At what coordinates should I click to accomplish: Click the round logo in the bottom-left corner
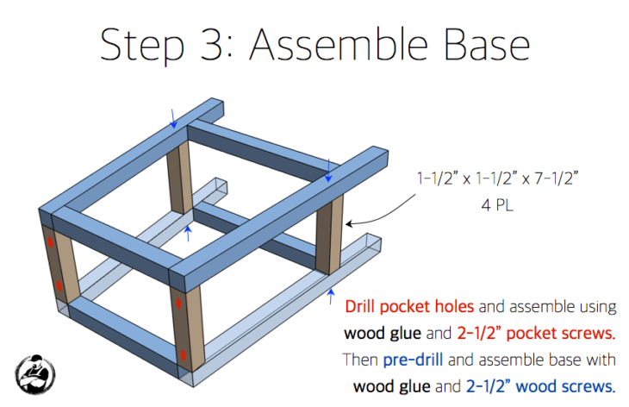(35, 373)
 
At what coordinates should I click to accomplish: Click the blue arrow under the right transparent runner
(331, 298)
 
